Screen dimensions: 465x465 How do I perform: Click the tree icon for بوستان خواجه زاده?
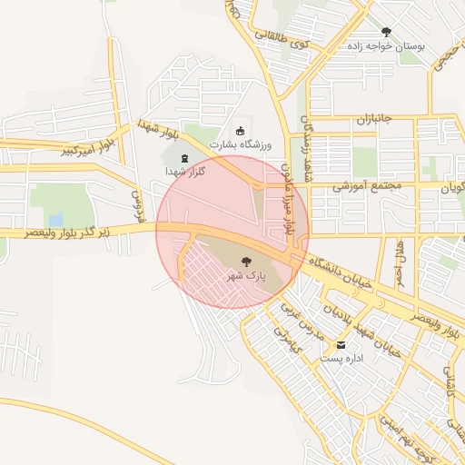pyautogui.click(x=386, y=32)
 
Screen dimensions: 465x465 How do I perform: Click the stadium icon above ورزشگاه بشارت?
pyautogui.click(x=240, y=131)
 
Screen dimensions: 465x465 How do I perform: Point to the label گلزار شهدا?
pyautogui.click(x=185, y=172)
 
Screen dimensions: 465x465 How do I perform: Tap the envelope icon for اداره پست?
pyautogui.click(x=341, y=345)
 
